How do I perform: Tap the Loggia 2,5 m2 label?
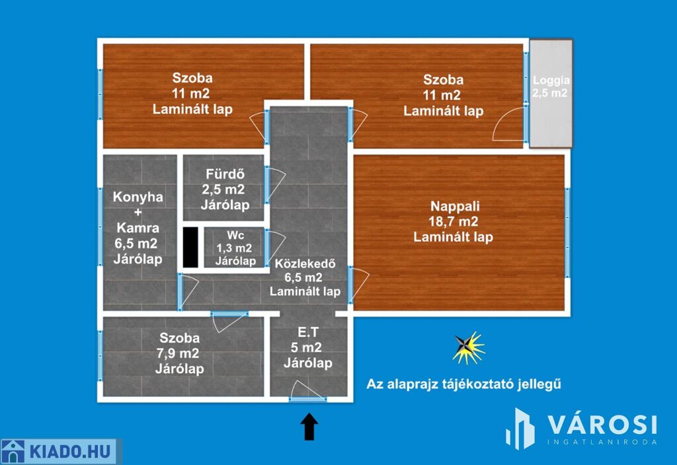coord(551,87)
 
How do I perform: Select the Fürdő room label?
coord(225,190)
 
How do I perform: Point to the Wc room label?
coord(235,248)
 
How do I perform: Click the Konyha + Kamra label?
coord(138,228)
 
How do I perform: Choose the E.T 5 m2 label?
coord(308,347)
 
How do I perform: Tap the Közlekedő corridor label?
coord(305,277)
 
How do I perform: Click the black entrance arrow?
coord(309,426)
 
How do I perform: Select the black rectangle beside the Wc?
coord(190,247)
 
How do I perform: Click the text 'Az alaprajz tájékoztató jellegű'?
coord(463,384)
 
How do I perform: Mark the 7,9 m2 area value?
coord(178,353)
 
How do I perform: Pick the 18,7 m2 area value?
coord(454,221)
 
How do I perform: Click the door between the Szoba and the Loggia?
coord(510,124)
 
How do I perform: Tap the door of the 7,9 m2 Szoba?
coord(228,322)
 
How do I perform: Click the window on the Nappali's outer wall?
coord(567,233)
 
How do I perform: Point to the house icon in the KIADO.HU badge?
coord(13,452)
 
